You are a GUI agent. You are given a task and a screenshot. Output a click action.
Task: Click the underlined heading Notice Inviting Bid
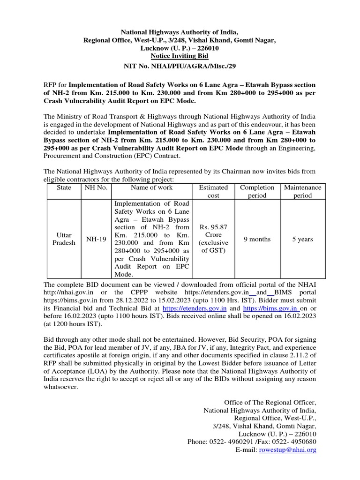(180, 56)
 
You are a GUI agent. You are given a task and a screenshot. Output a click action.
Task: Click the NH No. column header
(95, 187)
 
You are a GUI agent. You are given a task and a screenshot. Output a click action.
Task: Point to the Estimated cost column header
(213, 191)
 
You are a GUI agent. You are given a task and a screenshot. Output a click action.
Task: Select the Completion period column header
(257, 191)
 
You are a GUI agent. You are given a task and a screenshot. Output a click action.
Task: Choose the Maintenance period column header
(302, 191)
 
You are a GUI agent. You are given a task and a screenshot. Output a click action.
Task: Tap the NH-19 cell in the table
(95, 239)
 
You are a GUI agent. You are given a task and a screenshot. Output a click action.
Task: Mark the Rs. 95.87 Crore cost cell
(213, 239)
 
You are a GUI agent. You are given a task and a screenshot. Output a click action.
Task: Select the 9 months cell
(257, 239)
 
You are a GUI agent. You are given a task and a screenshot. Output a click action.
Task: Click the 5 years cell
(302, 239)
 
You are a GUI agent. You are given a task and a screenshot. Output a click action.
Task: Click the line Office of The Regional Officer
(270, 402)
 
